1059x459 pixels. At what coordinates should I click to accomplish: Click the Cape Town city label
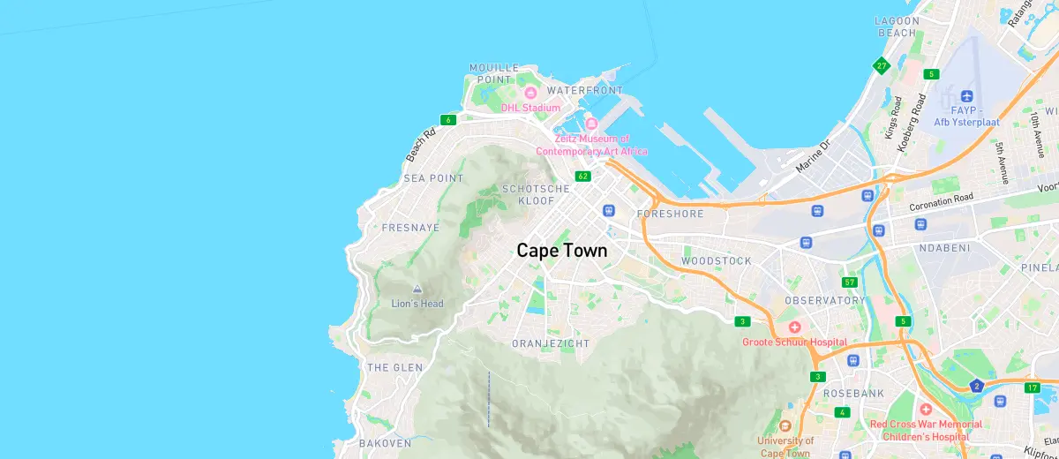coord(562,251)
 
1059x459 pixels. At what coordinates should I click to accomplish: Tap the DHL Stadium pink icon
coord(531,93)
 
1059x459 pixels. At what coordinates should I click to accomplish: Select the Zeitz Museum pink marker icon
coord(591,124)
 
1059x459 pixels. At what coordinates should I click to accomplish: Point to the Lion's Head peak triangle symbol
coord(417,289)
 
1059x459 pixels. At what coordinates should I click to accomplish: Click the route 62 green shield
coord(582,177)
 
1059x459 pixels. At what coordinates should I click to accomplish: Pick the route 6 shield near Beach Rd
coord(448,120)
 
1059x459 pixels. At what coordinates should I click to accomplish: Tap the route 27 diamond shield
coord(881,65)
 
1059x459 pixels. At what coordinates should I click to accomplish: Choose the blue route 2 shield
coord(976,386)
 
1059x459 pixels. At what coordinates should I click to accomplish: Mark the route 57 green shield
coord(850,282)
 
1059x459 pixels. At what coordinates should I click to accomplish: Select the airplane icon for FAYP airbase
coord(965,95)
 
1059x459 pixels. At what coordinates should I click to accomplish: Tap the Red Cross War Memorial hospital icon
coord(925,410)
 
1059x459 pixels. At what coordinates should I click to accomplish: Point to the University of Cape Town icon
coord(785,425)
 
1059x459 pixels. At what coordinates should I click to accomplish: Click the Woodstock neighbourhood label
coord(717,261)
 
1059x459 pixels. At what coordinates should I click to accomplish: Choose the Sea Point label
coord(433,178)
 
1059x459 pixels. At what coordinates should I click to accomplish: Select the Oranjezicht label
coord(551,343)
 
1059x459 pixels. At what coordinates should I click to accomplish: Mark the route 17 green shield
coord(1032,388)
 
